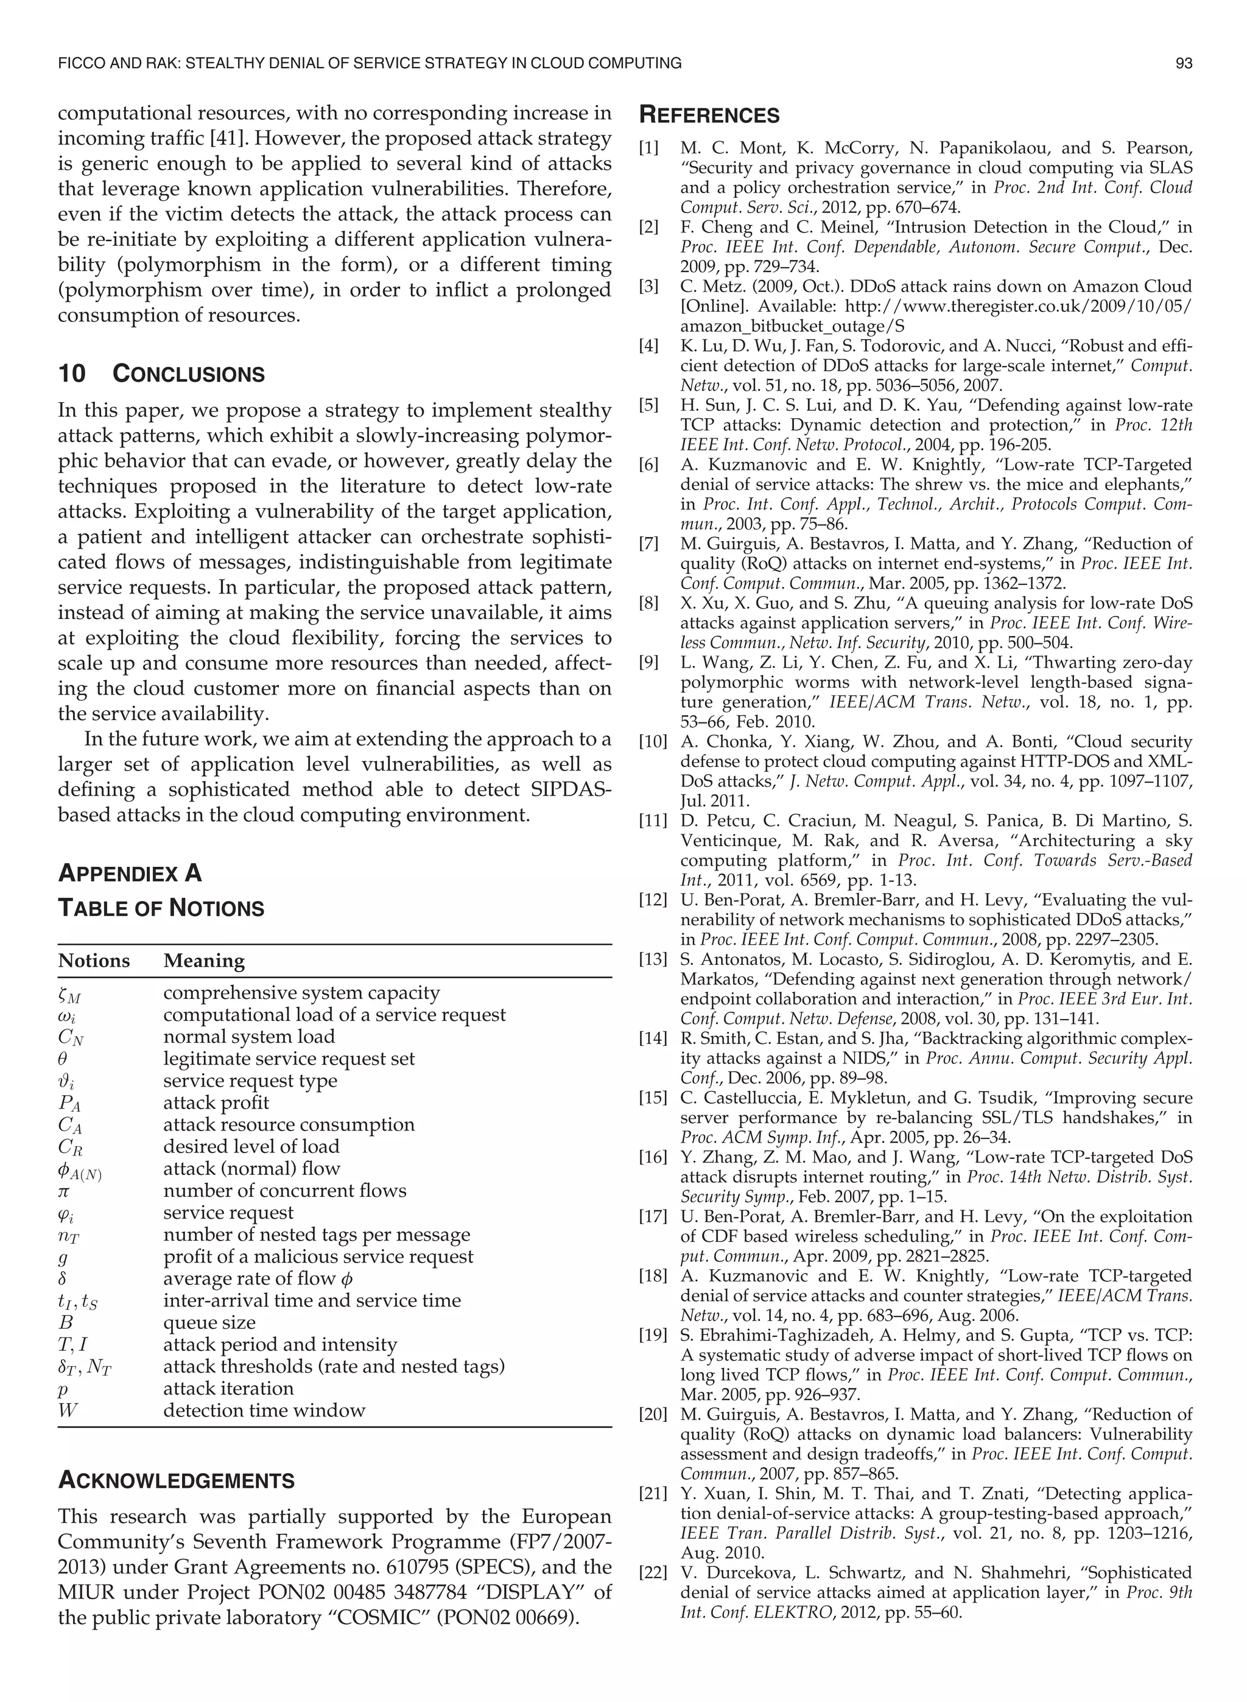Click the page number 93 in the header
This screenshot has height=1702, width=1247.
pyautogui.click(x=1184, y=63)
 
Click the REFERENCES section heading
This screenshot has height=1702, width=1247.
pyautogui.click(x=709, y=116)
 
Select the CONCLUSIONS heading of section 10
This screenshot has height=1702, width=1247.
pyautogui.click(x=188, y=374)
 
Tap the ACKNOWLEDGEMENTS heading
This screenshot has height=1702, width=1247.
pyautogui.click(x=176, y=1480)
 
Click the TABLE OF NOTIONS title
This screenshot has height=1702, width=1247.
pyautogui.click(x=161, y=908)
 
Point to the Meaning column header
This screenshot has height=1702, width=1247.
pyautogui.click(x=204, y=961)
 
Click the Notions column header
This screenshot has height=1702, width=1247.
pyautogui.click(x=94, y=961)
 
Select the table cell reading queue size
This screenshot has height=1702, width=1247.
pyautogui.click(x=209, y=1323)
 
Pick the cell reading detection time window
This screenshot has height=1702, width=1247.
pyautogui.click(x=264, y=1410)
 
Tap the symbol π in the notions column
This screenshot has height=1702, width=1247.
pyautogui.click(x=63, y=1191)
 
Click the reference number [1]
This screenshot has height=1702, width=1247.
pyautogui.click(x=648, y=148)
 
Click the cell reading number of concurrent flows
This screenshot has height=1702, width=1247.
pyautogui.click(x=284, y=1191)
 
